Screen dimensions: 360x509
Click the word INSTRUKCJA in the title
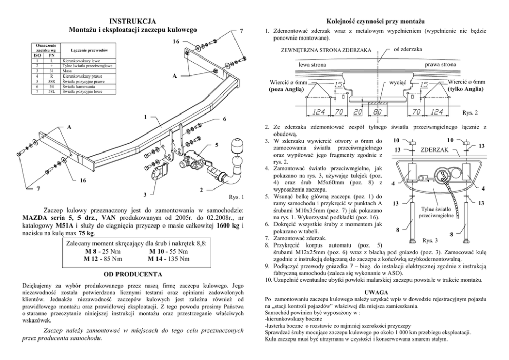133,22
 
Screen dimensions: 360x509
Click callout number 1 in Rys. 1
145,117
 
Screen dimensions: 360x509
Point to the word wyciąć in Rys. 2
398,82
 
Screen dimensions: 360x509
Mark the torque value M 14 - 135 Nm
168,259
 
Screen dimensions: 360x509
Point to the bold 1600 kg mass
226,225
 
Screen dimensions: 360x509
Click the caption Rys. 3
429,240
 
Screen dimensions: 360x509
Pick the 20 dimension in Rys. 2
358,111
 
